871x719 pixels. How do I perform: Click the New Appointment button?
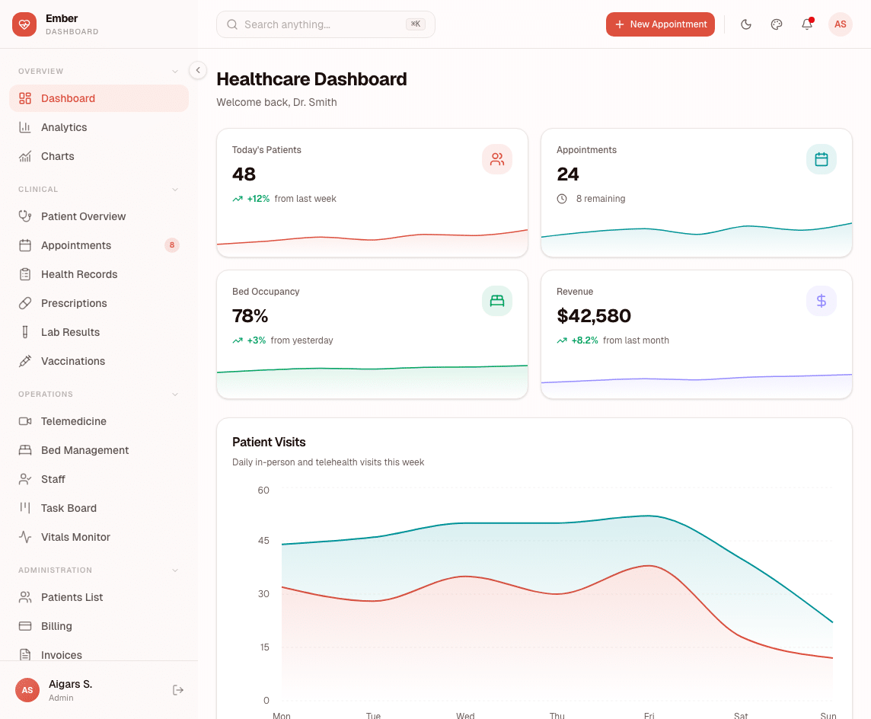(660, 24)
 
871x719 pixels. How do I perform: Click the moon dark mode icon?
(746, 24)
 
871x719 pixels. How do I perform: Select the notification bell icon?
(807, 24)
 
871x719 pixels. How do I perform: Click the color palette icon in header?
(777, 24)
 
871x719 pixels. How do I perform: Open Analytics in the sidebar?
(64, 127)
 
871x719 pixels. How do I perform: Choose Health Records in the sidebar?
(79, 274)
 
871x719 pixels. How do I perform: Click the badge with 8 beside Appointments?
(172, 245)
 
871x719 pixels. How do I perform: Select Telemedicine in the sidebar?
(73, 421)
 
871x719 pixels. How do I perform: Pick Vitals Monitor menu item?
(75, 537)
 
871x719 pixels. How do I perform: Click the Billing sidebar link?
(56, 626)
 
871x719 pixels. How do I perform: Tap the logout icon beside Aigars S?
(178, 690)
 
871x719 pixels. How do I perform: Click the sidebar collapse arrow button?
(198, 70)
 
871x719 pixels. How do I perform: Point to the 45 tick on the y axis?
(263, 540)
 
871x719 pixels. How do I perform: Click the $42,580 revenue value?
(594, 315)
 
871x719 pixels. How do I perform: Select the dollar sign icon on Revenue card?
(821, 301)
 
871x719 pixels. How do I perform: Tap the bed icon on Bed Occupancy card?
(497, 301)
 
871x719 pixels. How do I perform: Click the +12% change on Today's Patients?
(258, 199)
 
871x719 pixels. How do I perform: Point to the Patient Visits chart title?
(269, 442)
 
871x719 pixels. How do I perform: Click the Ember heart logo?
(24, 24)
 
